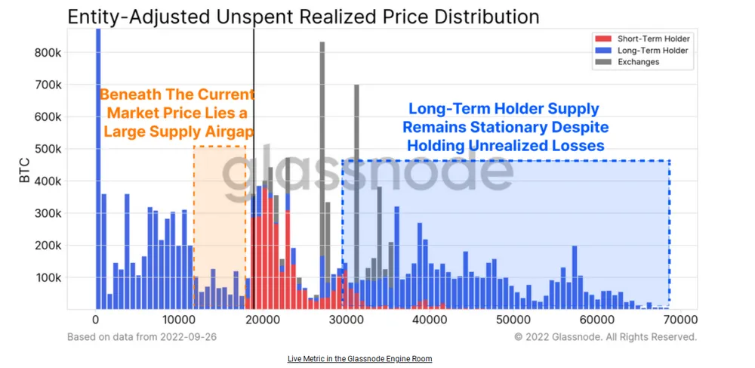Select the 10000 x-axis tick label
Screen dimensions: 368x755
coord(180,320)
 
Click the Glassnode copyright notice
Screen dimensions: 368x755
coord(606,337)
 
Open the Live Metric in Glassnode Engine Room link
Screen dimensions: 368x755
coord(359,358)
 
